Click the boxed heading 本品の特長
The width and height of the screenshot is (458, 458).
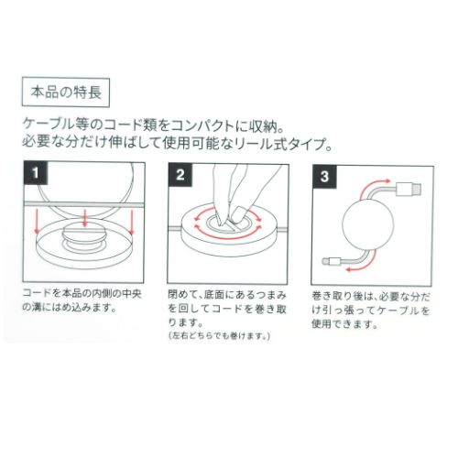(60, 93)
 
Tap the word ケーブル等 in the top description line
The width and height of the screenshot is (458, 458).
(69, 122)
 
